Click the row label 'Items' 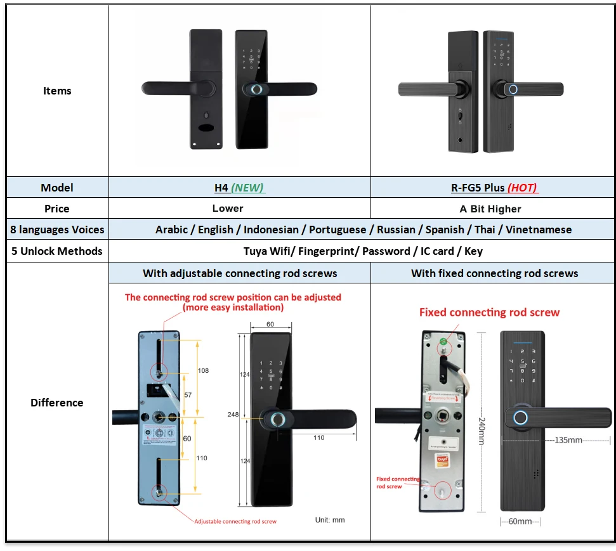57,91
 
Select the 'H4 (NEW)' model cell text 239,188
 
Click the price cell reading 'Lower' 228,209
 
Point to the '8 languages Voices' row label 57,230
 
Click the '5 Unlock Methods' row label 57,251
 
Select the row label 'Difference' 57,403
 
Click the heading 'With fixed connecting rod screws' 494,273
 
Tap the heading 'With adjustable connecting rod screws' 240,273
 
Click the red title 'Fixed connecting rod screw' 489,312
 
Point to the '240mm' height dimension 482,422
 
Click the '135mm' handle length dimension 568,439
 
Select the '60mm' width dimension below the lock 520,521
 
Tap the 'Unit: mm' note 330,520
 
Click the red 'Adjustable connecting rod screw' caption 235,521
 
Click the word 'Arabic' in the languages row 173,230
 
